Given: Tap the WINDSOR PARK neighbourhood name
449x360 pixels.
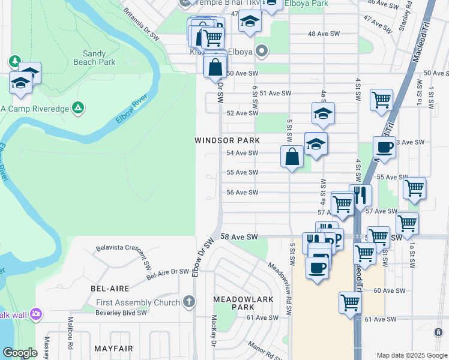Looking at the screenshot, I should coord(227,140).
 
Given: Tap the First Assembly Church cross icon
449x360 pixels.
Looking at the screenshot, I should coord(188,302).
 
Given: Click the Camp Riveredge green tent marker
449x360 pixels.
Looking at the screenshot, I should coord(77,108).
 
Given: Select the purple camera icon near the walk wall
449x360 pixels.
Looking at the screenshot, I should coord(37,314).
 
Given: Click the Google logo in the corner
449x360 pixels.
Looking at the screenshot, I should coord(20,353).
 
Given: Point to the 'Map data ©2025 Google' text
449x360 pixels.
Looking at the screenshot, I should coord(412,355).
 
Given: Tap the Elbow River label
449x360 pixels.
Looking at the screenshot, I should coord(131,109).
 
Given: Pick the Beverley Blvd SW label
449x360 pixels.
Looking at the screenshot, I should coord(121,313).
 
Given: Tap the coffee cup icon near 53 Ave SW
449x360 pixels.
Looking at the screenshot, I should coord(384,147).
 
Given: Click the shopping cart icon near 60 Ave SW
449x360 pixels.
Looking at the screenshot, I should coord(350,302).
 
